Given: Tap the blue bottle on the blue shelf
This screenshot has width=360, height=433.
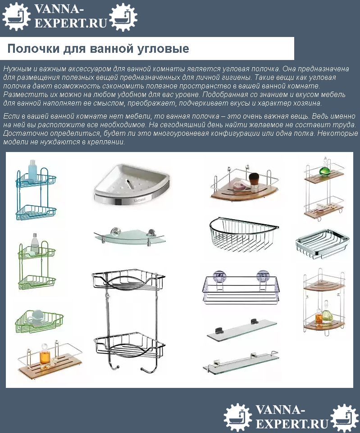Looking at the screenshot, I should click(x=33, y=171).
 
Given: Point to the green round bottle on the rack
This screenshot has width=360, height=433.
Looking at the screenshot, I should click(x=324, y=171).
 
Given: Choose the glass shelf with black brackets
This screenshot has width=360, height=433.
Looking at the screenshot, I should click(x=241, y=330).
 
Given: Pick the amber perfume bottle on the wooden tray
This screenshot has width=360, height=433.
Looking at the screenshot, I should click(x=44, y=357).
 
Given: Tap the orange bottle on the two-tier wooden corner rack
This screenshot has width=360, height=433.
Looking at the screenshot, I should click(x=319, y=318).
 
